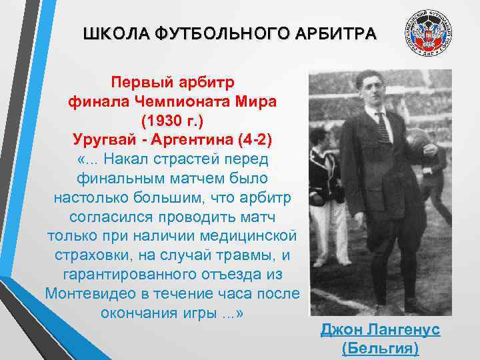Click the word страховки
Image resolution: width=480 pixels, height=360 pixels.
coord(87,256)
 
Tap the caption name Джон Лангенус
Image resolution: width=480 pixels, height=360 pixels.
coord(380,330)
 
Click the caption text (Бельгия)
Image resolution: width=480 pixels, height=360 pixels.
coord(380,349)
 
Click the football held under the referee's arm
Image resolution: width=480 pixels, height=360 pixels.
coord(418,141)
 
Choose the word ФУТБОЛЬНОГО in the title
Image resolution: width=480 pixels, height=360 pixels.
coord(221,33)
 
